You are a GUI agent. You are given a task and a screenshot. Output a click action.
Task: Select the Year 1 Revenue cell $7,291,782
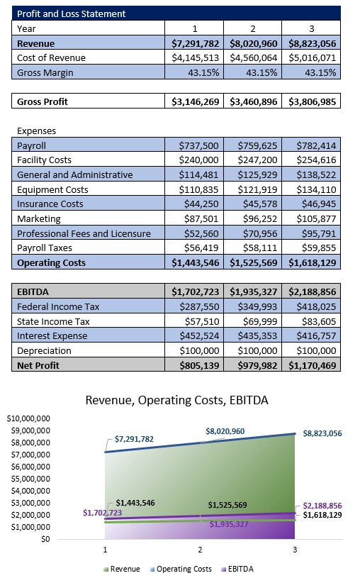pos(196,43)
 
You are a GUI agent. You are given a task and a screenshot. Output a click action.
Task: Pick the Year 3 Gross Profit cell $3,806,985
pos(312,101)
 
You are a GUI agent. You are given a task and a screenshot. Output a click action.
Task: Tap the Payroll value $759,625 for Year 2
pos(253,145)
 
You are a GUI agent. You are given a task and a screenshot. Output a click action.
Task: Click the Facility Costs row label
pos(44,160)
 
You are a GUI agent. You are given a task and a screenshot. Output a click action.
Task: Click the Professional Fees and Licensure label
pos(84,233)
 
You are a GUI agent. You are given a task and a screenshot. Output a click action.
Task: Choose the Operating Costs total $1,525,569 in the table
pos(253,262)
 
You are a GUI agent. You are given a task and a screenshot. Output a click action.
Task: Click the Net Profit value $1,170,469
pos(312,365)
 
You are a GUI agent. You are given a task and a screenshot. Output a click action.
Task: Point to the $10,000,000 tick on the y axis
pos(28,418)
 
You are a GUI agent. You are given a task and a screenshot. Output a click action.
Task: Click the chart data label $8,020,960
pos(225,431)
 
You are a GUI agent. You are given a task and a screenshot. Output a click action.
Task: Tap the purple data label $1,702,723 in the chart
pos(102,513)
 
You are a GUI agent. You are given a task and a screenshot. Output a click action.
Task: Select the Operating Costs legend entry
pos(182,569)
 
